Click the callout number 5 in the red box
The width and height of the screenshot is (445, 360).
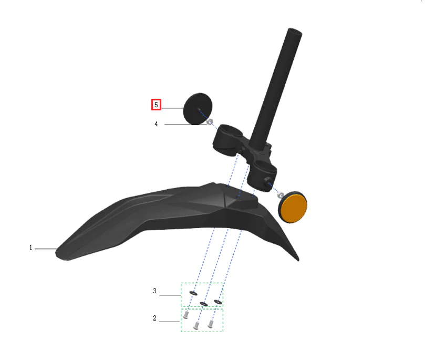pos(156,105)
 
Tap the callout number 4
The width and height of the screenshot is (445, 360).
pos(156,124)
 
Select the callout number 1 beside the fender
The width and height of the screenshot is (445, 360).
pos(30,248)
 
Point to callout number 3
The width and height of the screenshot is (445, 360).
pos(154,291)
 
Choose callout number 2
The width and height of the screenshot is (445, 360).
pos(154,318)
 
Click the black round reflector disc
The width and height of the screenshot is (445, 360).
pos(198,109)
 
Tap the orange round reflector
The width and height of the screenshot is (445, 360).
pos(293,207)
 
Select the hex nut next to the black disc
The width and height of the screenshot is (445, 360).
pos(210,122)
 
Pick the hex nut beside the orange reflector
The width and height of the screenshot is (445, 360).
pos(280,196)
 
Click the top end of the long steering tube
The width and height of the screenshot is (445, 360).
pos(295,31)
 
